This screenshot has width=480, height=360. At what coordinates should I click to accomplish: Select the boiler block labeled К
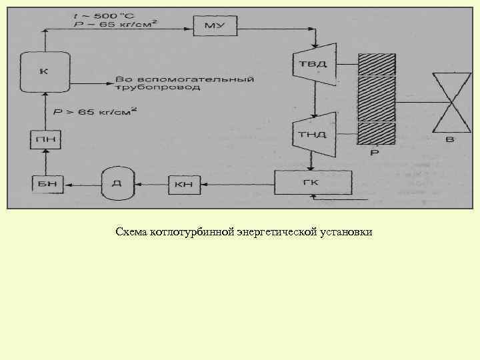pyautogui.click(x=44, y=72)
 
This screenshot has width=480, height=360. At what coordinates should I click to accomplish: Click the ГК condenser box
pyautogui.click(x=312, y=182)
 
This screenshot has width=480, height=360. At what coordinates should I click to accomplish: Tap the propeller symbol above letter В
pyautogui.click(x=451, y=103)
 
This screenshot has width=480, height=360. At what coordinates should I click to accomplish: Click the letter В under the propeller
pyautogui.click(x=450, y=139)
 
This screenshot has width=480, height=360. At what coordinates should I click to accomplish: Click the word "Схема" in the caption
pyautogui.click(x=130, y=233)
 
